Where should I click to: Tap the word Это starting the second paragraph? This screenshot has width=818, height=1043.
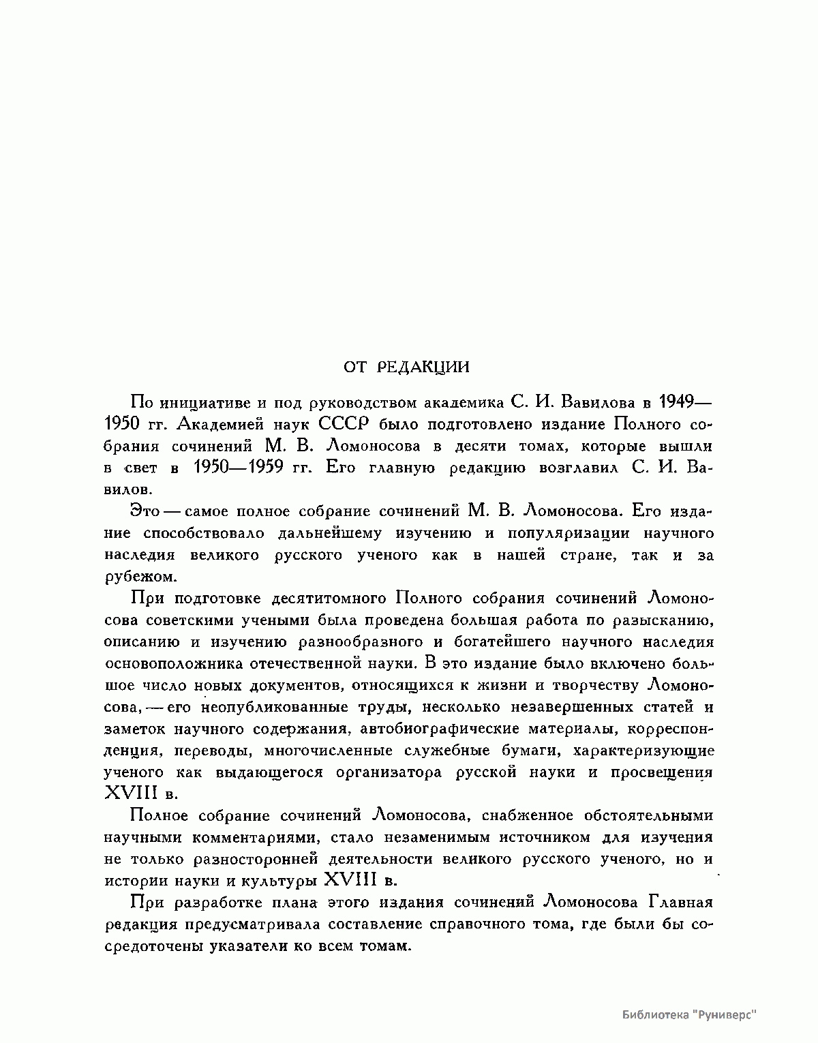pos(144,511)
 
